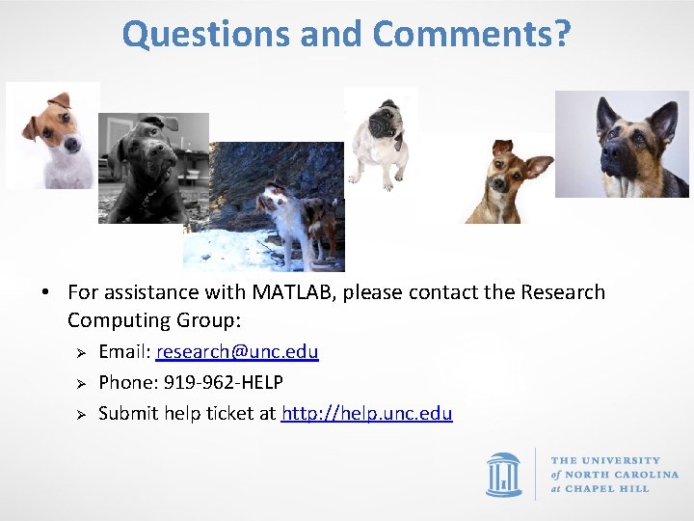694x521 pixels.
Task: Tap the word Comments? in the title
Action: pos(471,35)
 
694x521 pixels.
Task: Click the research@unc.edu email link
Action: pos(237,351)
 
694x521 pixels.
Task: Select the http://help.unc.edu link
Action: pos(366,413)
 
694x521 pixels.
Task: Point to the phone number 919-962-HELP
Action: pos(224,382)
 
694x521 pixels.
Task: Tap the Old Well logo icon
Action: pos(504,474)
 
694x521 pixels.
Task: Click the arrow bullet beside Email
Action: pos(82,352)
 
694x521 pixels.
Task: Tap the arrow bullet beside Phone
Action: pos(82,383)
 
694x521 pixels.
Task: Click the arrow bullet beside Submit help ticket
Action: pos(82,414)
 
